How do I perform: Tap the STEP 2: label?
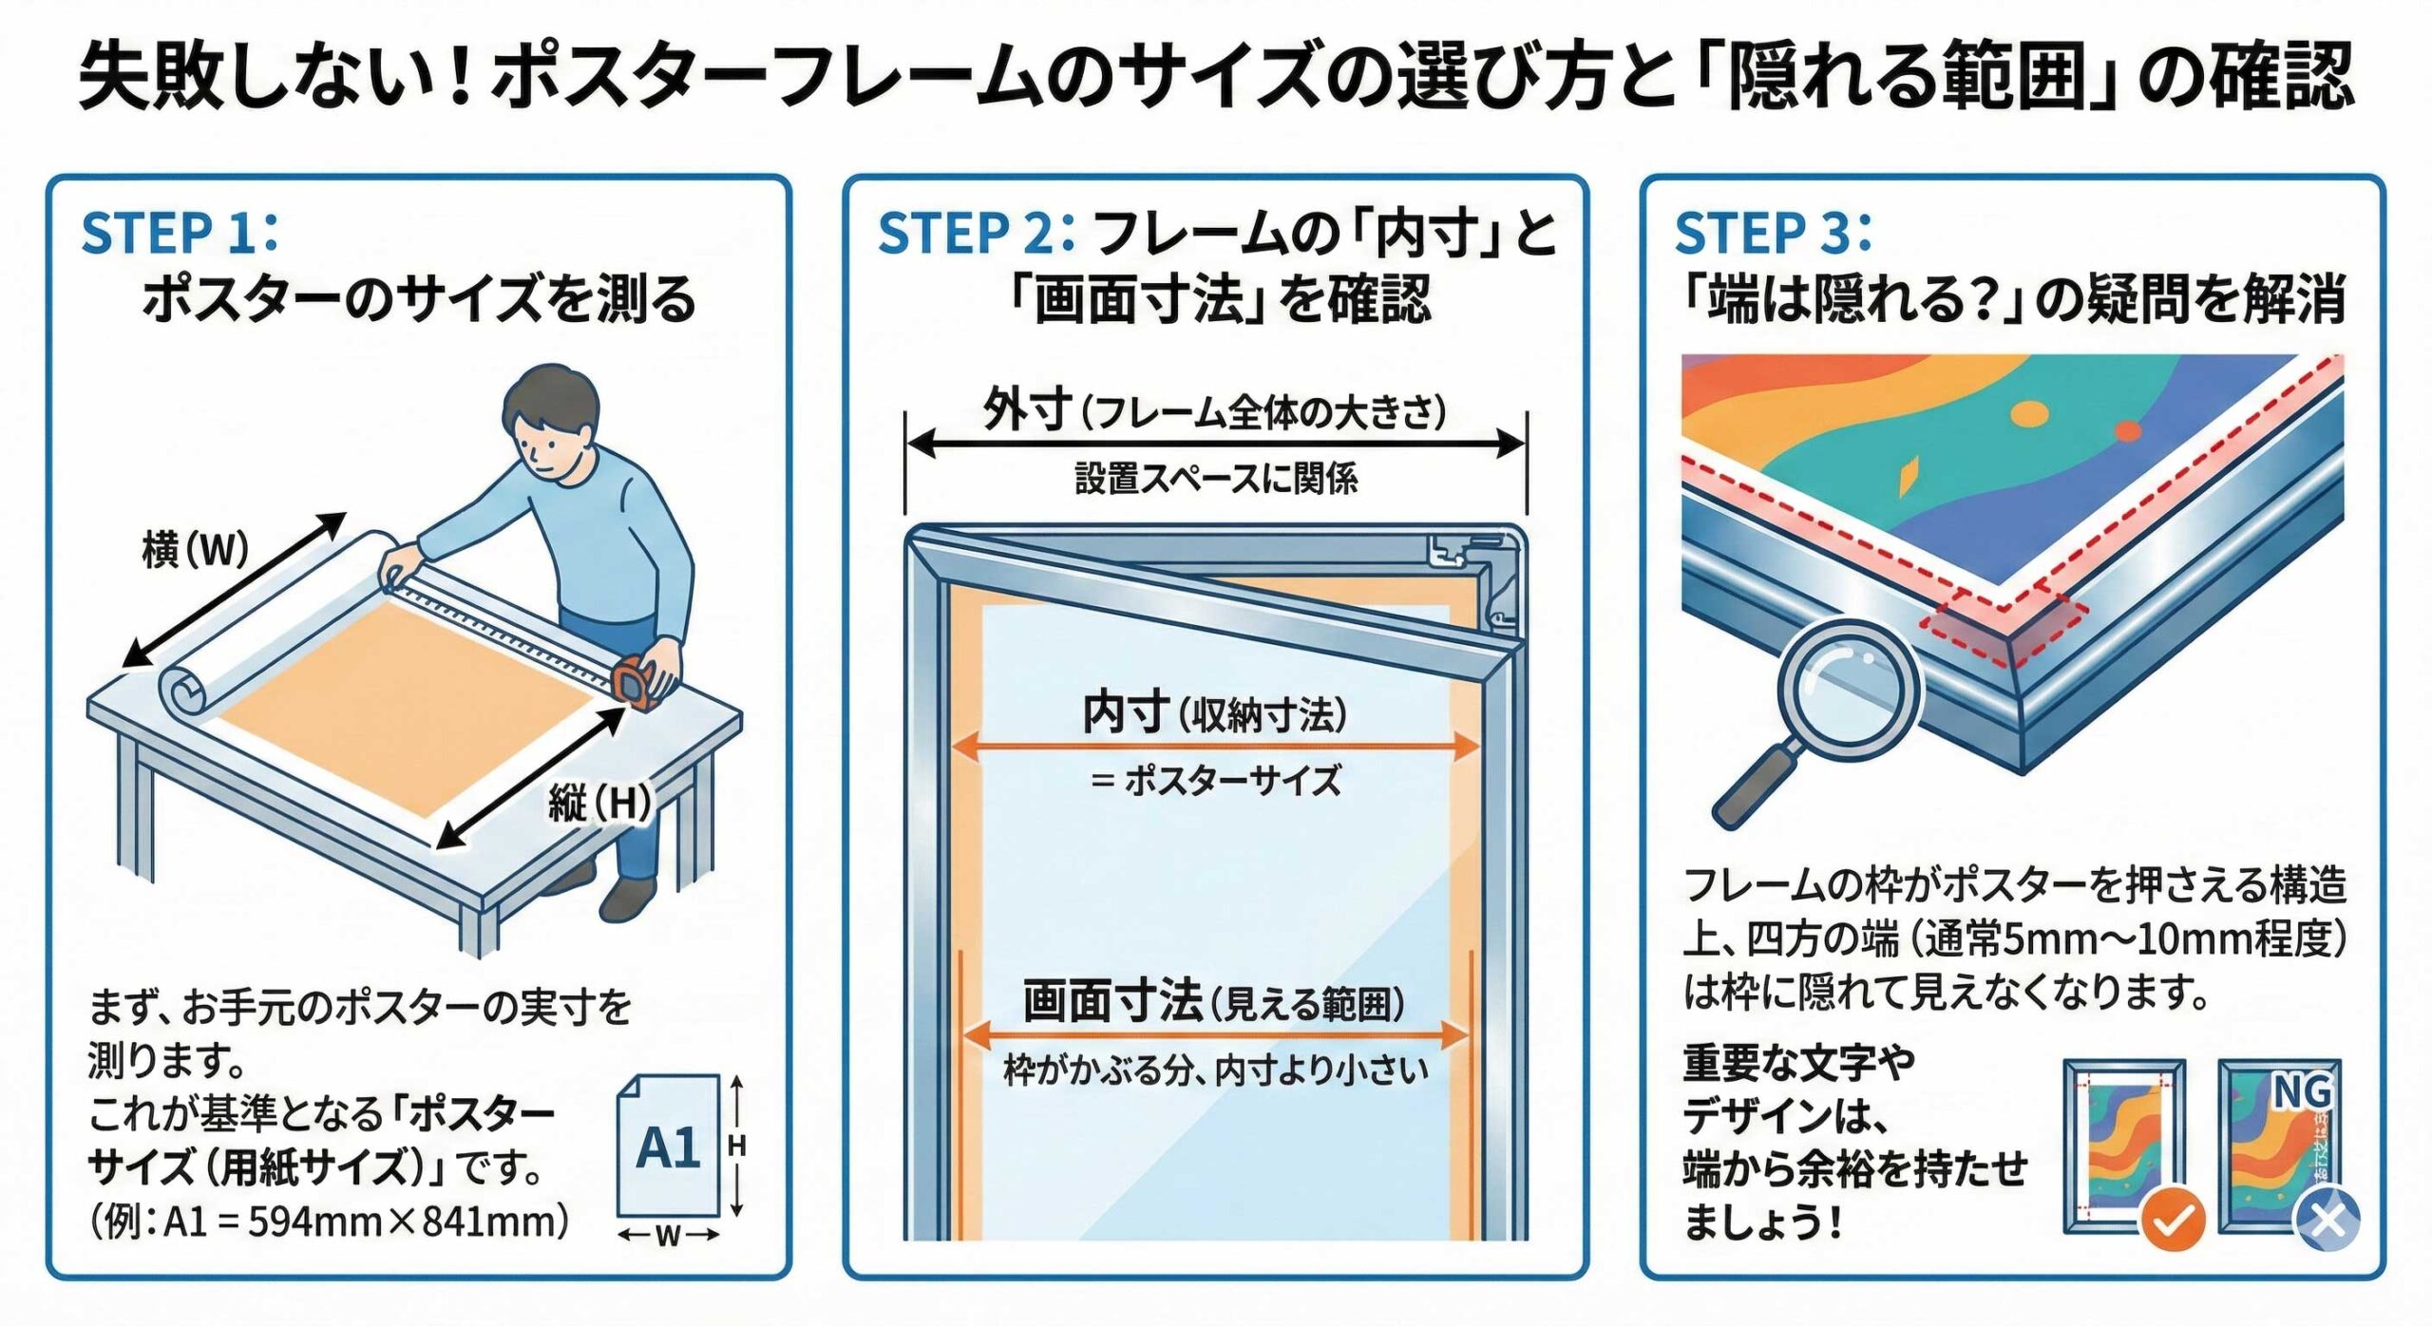tap(975, 233)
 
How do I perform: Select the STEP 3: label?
tap(1772, 233)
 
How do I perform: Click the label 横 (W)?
tap(195, 549)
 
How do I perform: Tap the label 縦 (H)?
tap(599, 804)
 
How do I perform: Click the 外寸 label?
tap(1026, 411)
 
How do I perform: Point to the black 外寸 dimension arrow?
tap(1215, 444)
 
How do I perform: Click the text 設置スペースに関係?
tap(1215, 479)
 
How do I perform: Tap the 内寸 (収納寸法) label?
tap(1215, 713)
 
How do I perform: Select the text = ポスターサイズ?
tap(1215, 781)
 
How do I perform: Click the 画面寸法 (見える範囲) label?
tap(1215, 1003)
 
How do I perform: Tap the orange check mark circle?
tap(2172, 1222)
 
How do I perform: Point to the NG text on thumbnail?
tap(2301, 1092)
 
